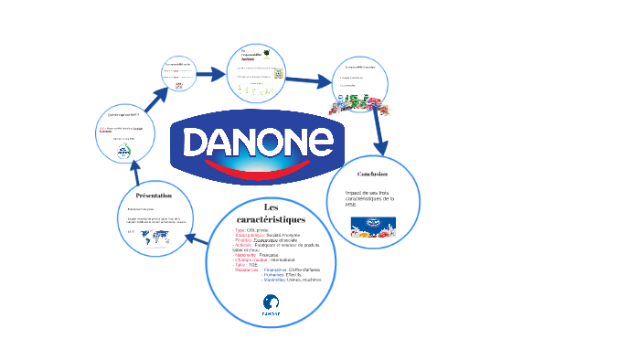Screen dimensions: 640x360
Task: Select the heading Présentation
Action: pyautogui.click(x=153, y=196)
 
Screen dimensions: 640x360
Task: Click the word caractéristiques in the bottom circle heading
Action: pyautogui.click(x=271, y=219)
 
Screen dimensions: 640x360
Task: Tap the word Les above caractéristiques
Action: pyautogui.click(x=271, y=206)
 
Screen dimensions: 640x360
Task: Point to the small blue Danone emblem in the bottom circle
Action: pyautogui.click(x=271, y=304)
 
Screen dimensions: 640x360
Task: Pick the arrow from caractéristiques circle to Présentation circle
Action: pyautogui.click(x=197, y=239)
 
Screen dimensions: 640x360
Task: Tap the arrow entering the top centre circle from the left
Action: pyautogui.click(x=212, y=74)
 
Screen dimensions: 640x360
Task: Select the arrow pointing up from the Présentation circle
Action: pyautogui.click(x=135, y=170)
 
